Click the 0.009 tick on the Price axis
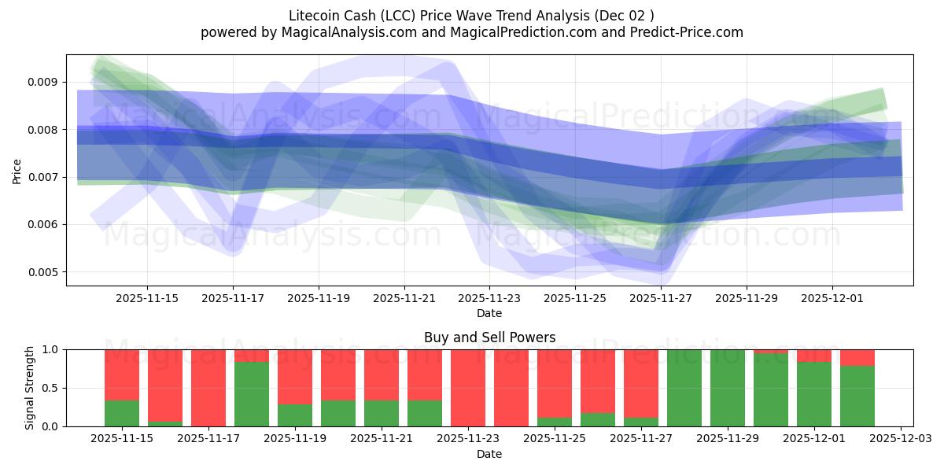(x=42, y=82)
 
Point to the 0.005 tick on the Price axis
(x=42, y=272)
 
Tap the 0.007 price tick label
(x=42, y=177)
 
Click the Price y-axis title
(x=17, y=170)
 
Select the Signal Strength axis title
(x=29, y=388)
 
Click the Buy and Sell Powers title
(x=489, y=337)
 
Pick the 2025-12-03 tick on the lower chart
(x=900, y=438)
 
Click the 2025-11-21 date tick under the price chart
(x=404, y=298)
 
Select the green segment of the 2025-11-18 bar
(x=252, y=393)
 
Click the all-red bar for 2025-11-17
(x=208, y=388)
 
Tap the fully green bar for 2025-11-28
(x=684, y=388)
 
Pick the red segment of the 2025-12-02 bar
(x=857, y=357)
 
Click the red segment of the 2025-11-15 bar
(x=122, y=374)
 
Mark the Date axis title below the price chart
(x=489, y=313)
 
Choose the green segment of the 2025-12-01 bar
(x=814, y=393)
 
